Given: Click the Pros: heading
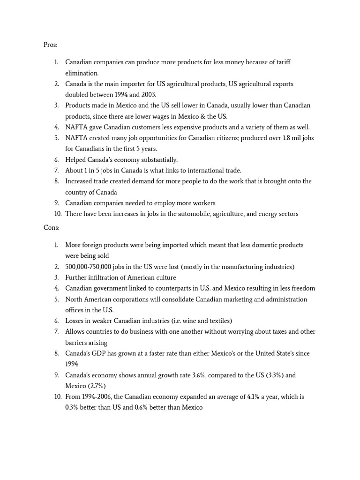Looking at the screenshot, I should point(50,45).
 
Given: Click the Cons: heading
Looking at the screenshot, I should point(51,227).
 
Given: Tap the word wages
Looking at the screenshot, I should point(172,116).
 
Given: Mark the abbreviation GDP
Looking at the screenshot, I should point(96,353).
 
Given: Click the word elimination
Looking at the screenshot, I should point(82,73).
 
